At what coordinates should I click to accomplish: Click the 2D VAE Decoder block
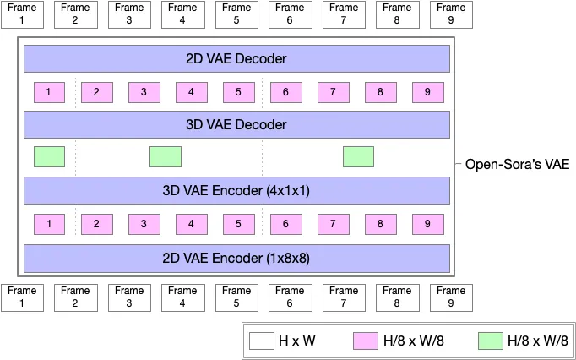click(x=236, y=59)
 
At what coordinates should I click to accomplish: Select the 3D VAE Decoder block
click(x=236, y=124)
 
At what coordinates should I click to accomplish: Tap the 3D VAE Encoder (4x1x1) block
click(x=236, y=190)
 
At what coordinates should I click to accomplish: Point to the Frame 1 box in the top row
click(x=22, y=14)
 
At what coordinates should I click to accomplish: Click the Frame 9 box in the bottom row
click(x=451, y=297)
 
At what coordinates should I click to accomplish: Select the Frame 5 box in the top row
click(x=236, y=14)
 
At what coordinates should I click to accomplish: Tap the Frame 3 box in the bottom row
click(x=129, y=297)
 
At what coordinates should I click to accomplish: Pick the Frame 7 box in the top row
click(x=344, y=14)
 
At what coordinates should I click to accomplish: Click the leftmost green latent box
click(x=49, y=157)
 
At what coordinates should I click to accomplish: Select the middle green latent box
click(x=166, y=157)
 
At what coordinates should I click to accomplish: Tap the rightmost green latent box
click(x=358, y=157)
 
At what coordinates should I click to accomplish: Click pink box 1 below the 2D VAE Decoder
click(x=49, y=92)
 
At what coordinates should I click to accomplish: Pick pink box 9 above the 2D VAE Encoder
click(x=428, y=224)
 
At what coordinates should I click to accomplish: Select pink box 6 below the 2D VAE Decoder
click(x=286, y=92)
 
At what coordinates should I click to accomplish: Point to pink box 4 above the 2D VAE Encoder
click(x=192, y=224)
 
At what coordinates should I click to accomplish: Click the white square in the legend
click(x=261, y=341)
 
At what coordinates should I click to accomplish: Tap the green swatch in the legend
click(x=490, y=341)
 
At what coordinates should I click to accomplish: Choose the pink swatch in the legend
click(x=365, y=341)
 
